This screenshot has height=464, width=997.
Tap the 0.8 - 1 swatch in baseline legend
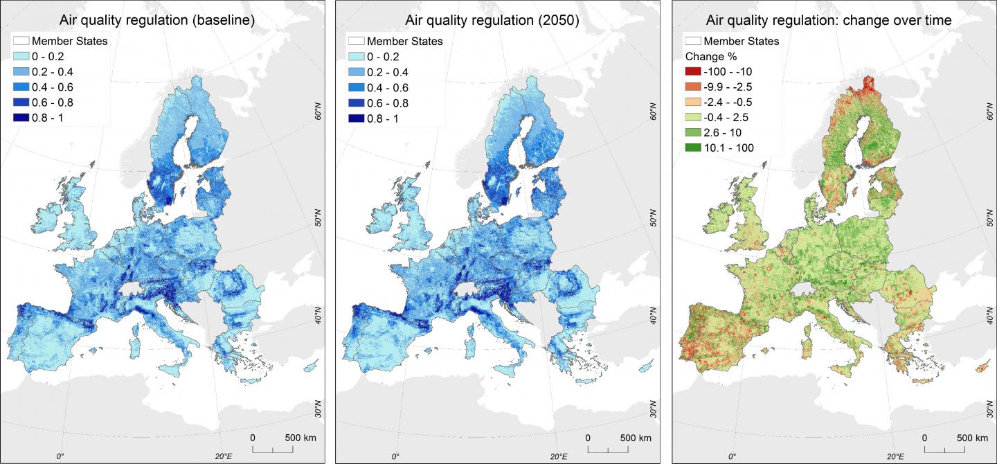click(24, 118)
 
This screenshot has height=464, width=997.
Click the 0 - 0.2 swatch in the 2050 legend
click(360, 57)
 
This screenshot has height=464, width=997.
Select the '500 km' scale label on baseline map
click(300, 438)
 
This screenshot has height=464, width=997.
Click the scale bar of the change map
click(955, 450)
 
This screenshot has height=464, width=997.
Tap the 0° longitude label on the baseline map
click(60, 456)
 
